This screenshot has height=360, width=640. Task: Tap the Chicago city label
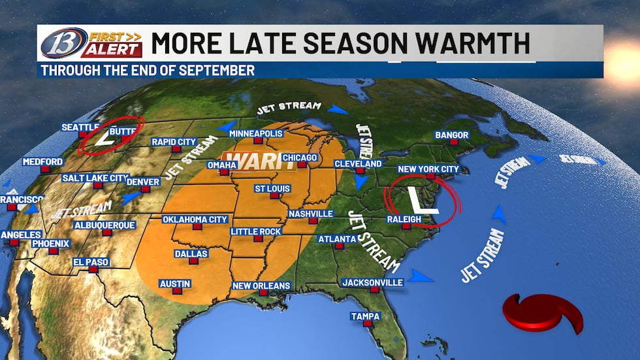[300, 158]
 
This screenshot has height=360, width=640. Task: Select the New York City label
[428, 170]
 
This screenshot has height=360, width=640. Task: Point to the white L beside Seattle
[104, 139]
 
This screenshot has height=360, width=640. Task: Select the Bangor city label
[451, 135]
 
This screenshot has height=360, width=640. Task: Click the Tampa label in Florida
[365, 316]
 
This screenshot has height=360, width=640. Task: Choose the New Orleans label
[261, 286]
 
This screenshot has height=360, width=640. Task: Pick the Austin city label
[174, 284]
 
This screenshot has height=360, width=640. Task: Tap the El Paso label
[91, 262]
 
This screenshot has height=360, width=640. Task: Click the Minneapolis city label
[256, 134]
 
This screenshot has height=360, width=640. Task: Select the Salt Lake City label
[95, 178]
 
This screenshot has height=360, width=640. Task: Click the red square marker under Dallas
[193, 261]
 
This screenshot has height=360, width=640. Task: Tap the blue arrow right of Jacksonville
[421, 277]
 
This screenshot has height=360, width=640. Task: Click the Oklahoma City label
[195, 220]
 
